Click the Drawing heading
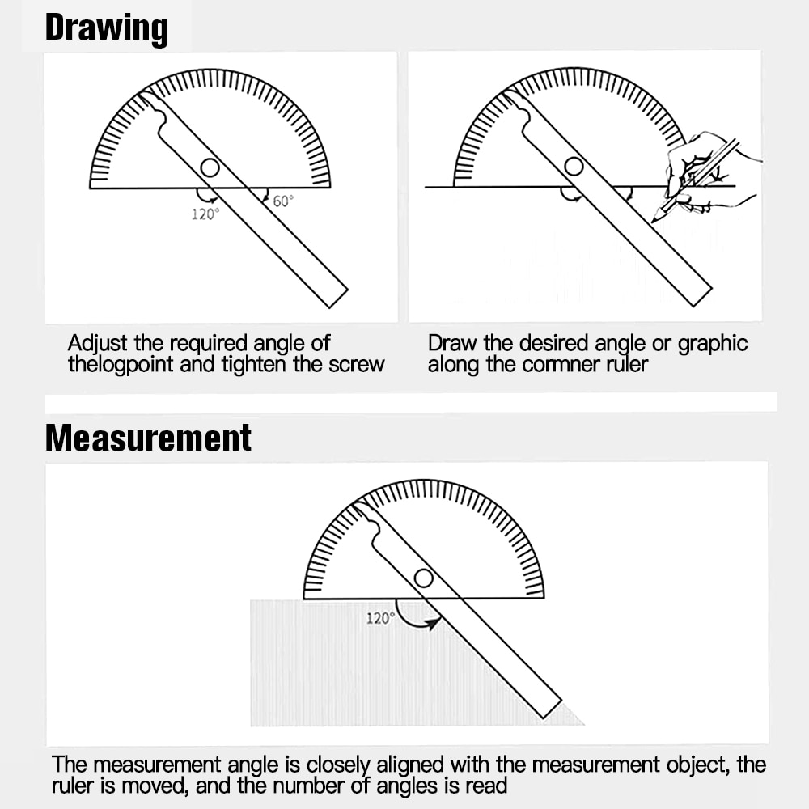pyautogui.click(x=106, y=28)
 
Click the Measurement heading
pyautogui.click(x=148, y=438)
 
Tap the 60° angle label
pyautogui.click(x=282, y=201)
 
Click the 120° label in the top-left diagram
pyautogui.click(x=205, y=214)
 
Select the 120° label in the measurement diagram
pyautogui.click(x=380, y=618)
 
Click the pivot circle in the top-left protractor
pyautogui.click(x=210, y=167)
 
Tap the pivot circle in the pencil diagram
pyautogui.click(x=574, y=167)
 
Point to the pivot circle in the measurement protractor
pyautogui.click(x=423, y=578)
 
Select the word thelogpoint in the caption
pyautogui.click(x=121, y=364)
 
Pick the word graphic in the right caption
pyautogui.click(x=713, y=344)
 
